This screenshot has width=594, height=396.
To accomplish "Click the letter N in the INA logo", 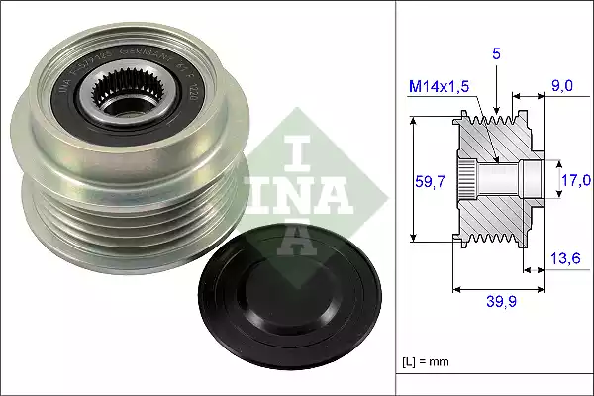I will (x=296, y=187).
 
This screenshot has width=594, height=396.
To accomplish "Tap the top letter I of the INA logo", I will (x=296, y=148).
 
